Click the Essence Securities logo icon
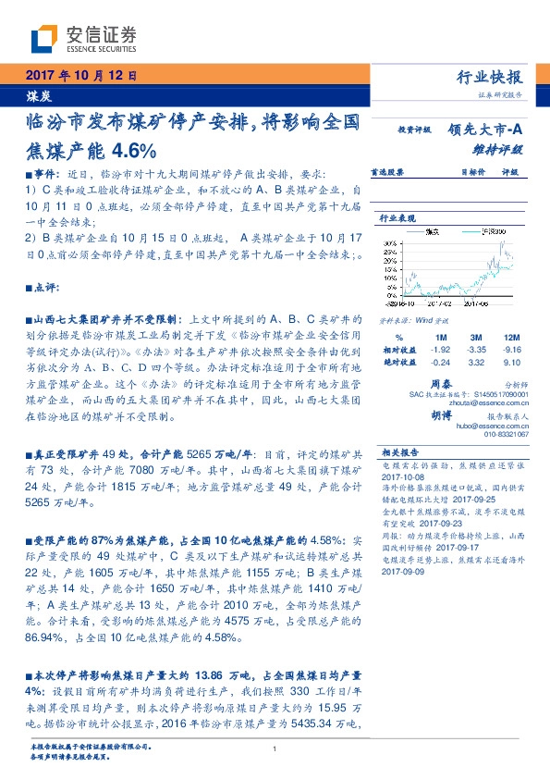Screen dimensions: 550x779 (x=43, y=40)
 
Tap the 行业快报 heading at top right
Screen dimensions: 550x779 (x=490, y=77)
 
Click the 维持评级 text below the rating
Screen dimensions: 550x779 (x=505, y=148)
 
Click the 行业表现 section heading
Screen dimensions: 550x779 (x=396, y=218)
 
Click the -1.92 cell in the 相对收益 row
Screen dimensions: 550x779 (x=440, y=351)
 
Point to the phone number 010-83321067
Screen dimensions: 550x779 (x=504, y=434)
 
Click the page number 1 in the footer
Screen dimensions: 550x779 (x=275, y=749)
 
